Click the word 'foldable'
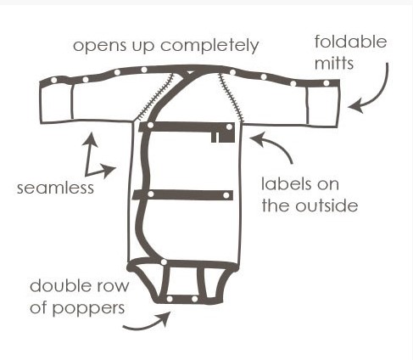tap(350, 42)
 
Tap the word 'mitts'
tap(334, 63)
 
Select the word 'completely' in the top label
tap(209, 46)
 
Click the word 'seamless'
tap(55, 188)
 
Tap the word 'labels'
tap(286, 184)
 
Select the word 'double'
tap(61, 286)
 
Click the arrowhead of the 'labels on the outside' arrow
tap(257, 139)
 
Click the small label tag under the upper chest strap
tap(223, 137)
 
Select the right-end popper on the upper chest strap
tap(229, 127)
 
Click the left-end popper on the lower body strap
tap(151, 194)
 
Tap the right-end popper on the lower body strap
tap(226, 195)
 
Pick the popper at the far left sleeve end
tap(53, 80)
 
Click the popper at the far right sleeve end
tap(326, 83)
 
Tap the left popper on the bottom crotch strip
tap(170, 299)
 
